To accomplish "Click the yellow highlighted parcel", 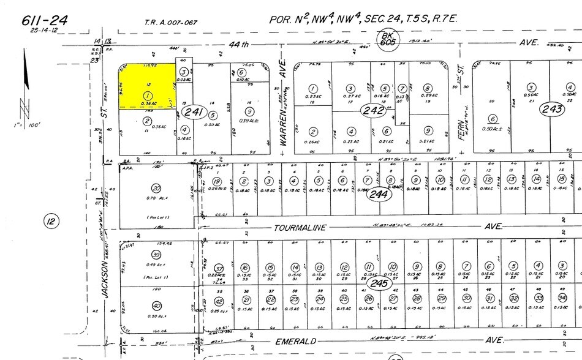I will pos(145,86).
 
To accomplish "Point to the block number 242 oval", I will pos(374,111).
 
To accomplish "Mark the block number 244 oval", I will pos(379,195).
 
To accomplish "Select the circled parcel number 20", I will pos(157,187).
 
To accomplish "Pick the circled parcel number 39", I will pos(157,255).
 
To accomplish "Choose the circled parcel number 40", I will pos(157,306).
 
